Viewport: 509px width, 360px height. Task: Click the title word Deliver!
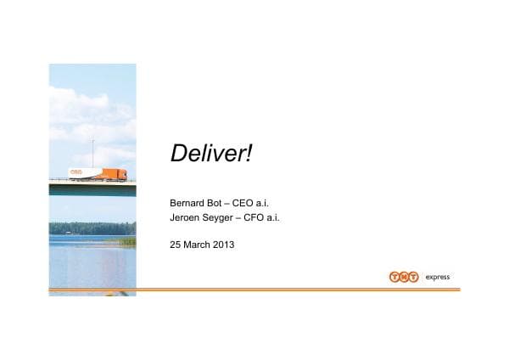pos(212,154)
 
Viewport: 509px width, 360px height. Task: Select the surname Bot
pos(221,204)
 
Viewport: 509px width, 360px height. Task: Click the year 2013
pos(224,245)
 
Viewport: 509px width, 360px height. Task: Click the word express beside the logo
pos(438,277)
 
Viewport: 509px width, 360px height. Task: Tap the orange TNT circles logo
pos(404,277)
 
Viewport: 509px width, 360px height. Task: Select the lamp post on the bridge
pos(92,155)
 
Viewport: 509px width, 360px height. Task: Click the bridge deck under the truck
pos(92,186)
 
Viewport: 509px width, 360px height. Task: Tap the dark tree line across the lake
pos(92,228)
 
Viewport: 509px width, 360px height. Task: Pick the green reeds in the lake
pos(127,241)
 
